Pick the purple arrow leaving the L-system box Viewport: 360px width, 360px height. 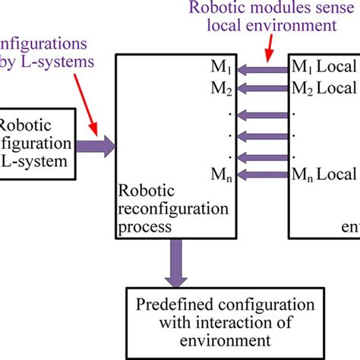[x=94, y=142]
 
